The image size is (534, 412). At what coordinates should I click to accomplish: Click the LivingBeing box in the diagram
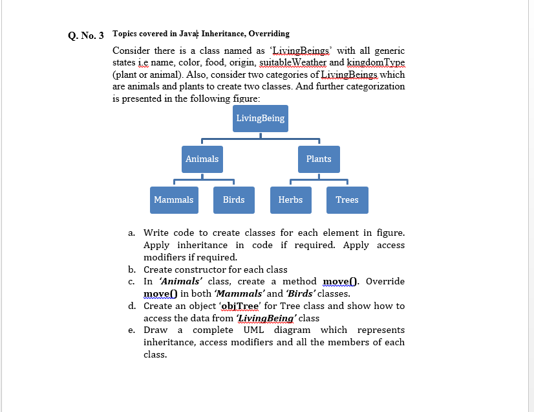click(x=260, y=119)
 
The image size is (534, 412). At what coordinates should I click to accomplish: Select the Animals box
click(x=202, y=159)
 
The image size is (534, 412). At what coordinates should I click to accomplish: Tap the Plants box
click(x=319, y=159)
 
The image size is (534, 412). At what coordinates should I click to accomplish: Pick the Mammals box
click(x=173, y=200)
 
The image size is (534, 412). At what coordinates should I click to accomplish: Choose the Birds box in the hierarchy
click(x=233, y=200)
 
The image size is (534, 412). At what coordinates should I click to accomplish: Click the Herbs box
click(x=290, y=200)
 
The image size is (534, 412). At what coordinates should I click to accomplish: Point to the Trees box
click(x=347, y=200)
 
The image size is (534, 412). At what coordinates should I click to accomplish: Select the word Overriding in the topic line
click(x=269, y=34)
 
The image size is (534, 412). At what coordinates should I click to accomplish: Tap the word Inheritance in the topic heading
click(x=223, y=34)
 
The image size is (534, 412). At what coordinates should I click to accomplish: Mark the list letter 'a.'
click(x=131, y=233)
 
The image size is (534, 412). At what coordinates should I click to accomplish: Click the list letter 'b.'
click(x=131, y=269)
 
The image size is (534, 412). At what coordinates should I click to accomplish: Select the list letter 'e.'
click(x=131, y=330)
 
